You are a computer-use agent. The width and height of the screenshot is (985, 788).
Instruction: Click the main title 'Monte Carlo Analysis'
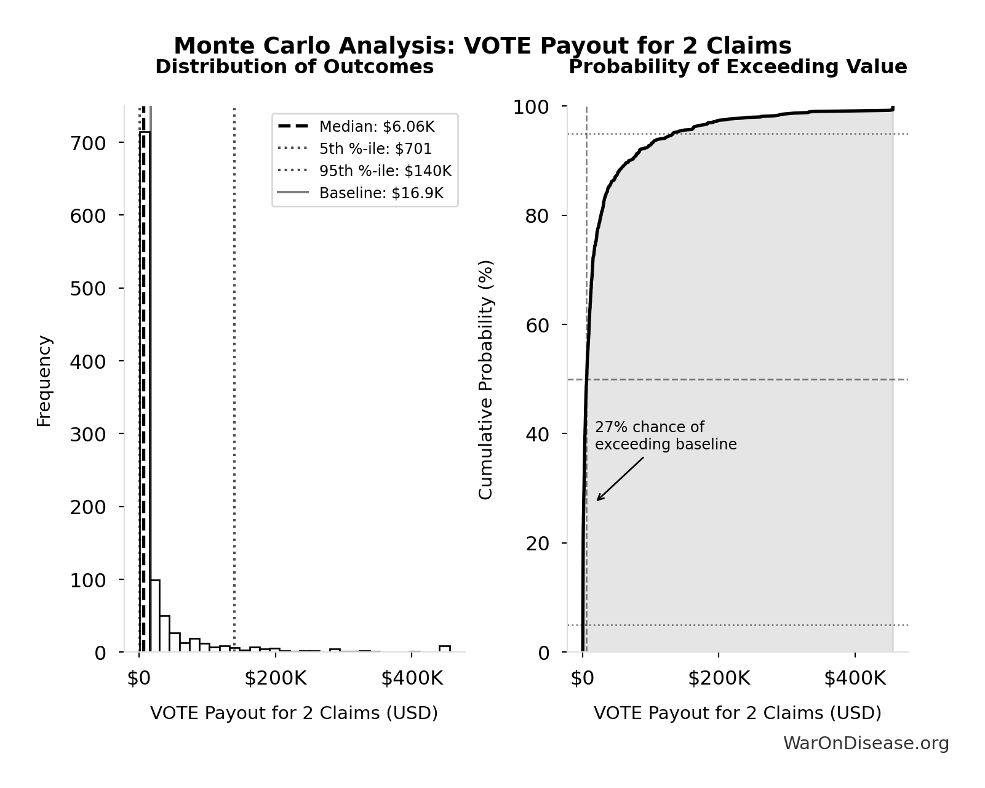point(482,46)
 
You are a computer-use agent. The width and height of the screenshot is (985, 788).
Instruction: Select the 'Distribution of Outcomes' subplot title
point(294,67)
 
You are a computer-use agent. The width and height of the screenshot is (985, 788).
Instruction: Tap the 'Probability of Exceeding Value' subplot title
point(737,67)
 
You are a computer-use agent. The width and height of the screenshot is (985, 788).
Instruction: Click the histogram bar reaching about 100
point(154,616)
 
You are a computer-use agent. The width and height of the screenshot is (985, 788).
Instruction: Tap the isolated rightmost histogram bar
point(444,648)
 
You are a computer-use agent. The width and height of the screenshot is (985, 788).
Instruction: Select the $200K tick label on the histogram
point(275,678)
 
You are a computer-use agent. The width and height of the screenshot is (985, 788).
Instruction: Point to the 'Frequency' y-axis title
point(44,380)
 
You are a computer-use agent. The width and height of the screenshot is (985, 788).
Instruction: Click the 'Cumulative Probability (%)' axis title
point(486,379)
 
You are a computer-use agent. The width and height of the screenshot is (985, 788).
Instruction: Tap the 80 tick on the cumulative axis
point(536,216)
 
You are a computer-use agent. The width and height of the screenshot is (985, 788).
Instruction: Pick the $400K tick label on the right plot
point(855,678)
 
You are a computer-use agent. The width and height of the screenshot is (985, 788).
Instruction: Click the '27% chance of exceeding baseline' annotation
point(665,436)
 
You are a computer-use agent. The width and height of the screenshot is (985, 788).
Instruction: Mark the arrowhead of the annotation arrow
point(599,499)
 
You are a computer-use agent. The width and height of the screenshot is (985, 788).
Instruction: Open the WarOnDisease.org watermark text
point(866,744)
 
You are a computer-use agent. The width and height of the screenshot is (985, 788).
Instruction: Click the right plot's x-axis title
point(737,713)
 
